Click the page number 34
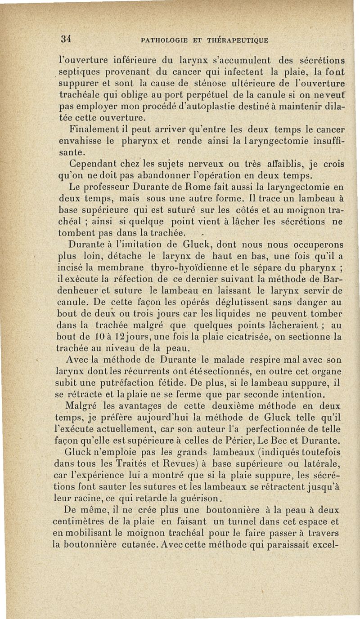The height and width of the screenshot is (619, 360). [67, 39]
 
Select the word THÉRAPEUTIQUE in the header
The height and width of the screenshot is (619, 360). [238, 40]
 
